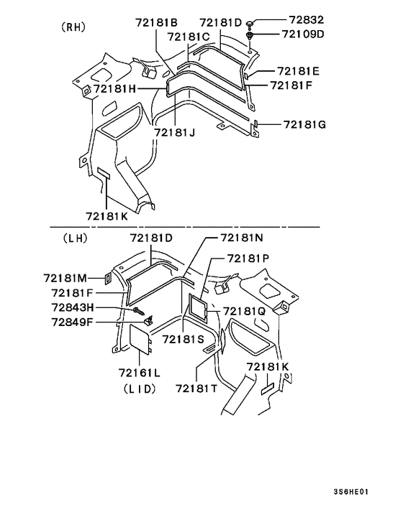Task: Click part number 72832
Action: click(306, 20)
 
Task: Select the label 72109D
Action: click(303, 34)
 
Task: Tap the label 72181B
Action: click(156, 23)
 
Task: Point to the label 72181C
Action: click(189, 37)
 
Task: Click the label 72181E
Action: click(298, 71)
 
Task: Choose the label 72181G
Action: click(304, 124)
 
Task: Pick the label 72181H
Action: click(115, 88)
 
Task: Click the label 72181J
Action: click(175, 133)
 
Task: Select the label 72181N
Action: click(242, 238)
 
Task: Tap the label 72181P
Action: click(248, 259)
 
